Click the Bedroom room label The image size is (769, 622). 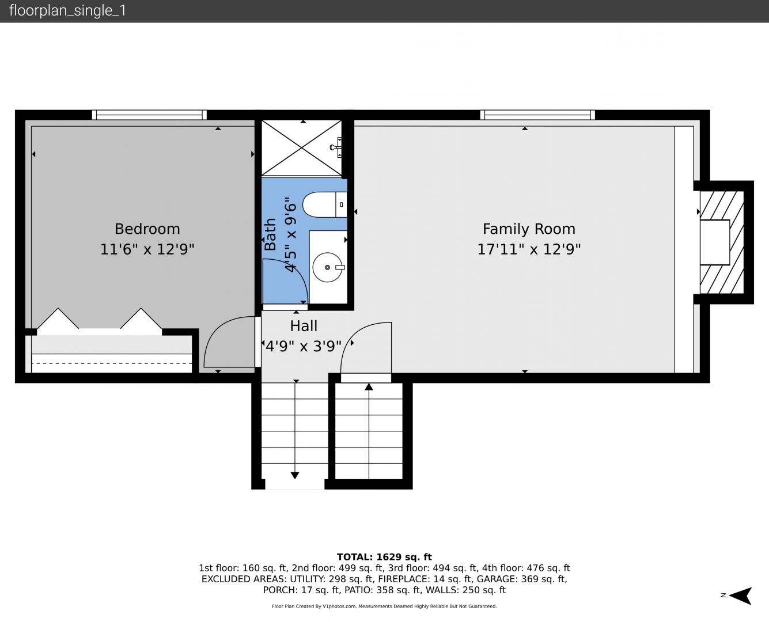[x=147, y=229]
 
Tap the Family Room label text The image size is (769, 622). [x=529, y=229]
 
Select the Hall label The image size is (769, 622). [x=304, y=326]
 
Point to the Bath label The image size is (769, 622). [x=270, y=234]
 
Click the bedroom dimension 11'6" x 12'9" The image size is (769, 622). [x=147, y=249]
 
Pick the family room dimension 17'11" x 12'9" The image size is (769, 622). [x=529, y=249]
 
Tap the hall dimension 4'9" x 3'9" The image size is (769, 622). [x=303, y=347]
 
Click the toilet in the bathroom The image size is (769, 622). [x=324, y=204]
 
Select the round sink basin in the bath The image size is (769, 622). [x=327, y=267]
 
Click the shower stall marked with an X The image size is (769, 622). [x=301, y=149]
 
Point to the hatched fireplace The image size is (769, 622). [x=722, y=242]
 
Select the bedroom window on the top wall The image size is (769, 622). [x=149, y=115]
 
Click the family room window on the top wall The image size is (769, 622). [x=537, y=115]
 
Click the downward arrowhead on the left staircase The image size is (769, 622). [x=295, y=476]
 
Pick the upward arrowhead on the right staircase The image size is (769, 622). [x=369, y=387]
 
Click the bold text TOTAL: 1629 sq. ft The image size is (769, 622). [x=384, y=557]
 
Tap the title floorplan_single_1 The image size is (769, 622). [x=67, y=11]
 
